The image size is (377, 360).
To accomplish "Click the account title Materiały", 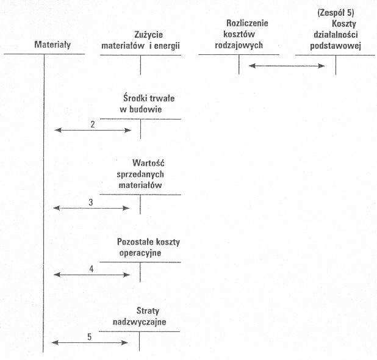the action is pyautogui.click(x=52, y=45).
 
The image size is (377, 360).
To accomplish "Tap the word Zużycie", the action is pyautogui.click(x=149, y=35).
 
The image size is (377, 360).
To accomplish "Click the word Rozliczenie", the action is pyautogui.click(x=247, y=23).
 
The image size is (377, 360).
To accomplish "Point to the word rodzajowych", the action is pyautogui.click(x=239, y=45).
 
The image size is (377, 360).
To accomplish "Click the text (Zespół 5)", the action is pyautogui.click(x=336, y=13).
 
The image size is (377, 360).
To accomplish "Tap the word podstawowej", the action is pyautogui.click(x=336, y=46).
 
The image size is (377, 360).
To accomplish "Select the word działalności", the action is pyautogui.click(x=336, y=35).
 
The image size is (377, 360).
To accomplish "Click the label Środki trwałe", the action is pyautogui.click(x=149, y=98).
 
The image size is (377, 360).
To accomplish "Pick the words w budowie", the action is pyautogui.click(x=141, y=109).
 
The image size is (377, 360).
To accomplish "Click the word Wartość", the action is pyautogui.click(x=148, y=163).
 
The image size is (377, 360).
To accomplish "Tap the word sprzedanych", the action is pyautogui.click(x=140, y=175).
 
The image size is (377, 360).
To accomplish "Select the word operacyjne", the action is pyautogui.click(x=140, y=253).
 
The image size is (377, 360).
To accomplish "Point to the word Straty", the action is pyautogui.click(x=148, y=311).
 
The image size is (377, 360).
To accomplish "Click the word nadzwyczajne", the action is pyautogui.click(x=140, y=322).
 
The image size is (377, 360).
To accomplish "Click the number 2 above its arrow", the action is pyautogui.click(x=93, y=124).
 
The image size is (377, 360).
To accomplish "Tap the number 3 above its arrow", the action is pyautogui.click(x=91, y=202).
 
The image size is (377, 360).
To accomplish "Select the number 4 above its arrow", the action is pyautogui.click(x=92, y=269).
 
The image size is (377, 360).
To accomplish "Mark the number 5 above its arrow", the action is pyautogui.click(x=90, y=337).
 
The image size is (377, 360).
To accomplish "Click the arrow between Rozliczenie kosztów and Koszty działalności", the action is pyautogui.click(x=287, y=66).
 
